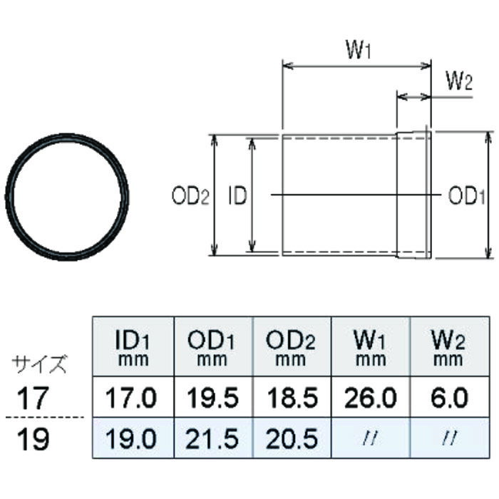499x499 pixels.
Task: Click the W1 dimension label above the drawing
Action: (359, 51)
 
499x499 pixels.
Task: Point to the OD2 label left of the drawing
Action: (190, 196)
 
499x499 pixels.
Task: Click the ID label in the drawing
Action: (237, 196)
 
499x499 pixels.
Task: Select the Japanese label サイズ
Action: (41, 365)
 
